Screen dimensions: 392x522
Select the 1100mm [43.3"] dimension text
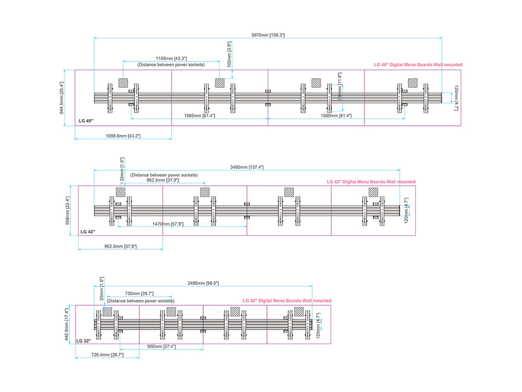point(171,58)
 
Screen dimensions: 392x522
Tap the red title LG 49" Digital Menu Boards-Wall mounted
point(418,65)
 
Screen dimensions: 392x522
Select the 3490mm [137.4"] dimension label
point(247,167)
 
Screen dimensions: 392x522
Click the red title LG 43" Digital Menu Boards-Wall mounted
point(371,181)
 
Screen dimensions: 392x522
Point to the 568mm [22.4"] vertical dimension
point(68,210)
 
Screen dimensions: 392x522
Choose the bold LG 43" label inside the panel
point(88,231)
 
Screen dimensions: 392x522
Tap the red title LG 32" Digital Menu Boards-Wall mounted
point(287,301)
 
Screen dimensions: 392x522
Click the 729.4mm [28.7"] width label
point(107,355)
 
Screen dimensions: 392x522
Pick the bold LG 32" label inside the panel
point(83,340)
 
